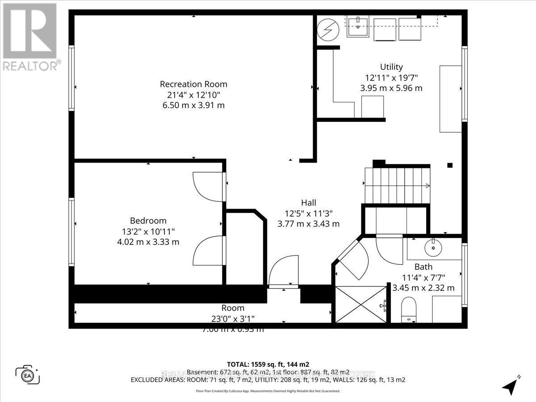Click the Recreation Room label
click(193, 84)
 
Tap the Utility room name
click(391, 67)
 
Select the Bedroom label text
click(148, 221)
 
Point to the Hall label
click(308, 202)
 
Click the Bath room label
click(423, 267)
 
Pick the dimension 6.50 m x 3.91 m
click(193, 105)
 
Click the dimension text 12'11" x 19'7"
click(391, 78)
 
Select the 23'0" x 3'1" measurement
click(233, 318)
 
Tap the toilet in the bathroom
click(409, 310)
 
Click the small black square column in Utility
click(450, 165)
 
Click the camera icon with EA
click(27, 374)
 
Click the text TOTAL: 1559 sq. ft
click(268, 364)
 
